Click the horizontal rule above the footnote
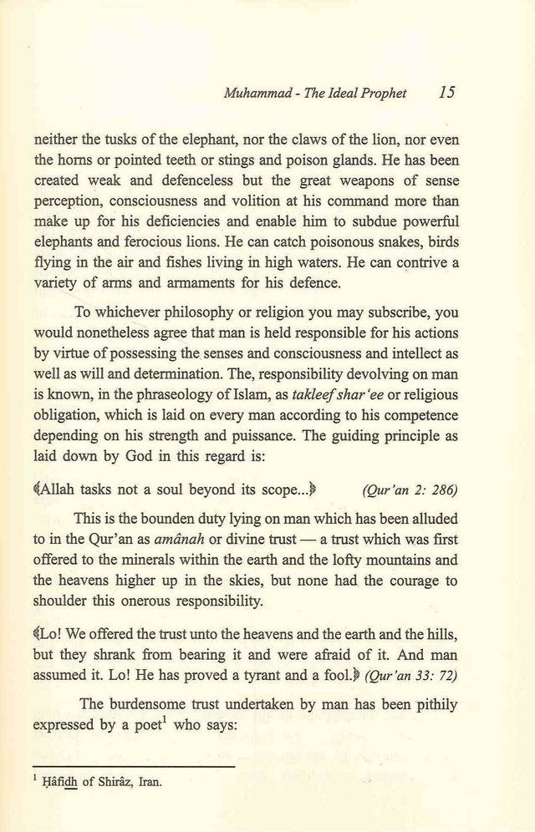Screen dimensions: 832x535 (134, 765)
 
